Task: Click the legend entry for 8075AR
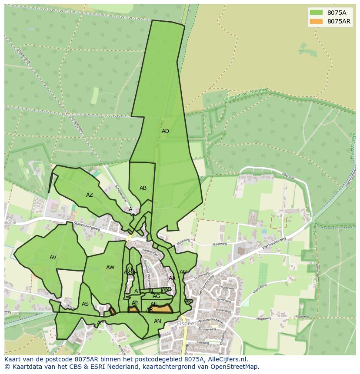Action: pyautogui.click(x=339, y=21)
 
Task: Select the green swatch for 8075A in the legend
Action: pyautogui.click(x=316, y=13)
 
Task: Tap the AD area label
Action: pyautogui.click(x=165, y=131)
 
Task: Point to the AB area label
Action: pyautogui.click(x=143, y=188)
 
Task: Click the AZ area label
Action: pyautogui.click(x=90, y=195)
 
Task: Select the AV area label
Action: pyautogui.click(x=53, y=258)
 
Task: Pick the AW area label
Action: pyautogui.click(x=110, y=268)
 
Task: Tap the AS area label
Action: pyautogui.click(x=85, y=304)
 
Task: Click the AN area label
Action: pyautogui.click(x=157, y=321)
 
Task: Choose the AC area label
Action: pyautogui.click(x=183, y=272)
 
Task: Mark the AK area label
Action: pyautogui.click(x=188, y=301)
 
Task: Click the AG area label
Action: pyautogui.click(x=156, y=296)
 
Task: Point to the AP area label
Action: pyautogui.click(x=100, y=323)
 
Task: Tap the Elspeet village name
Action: pyautogui.click(x=187, y=324)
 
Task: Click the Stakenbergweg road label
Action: pyautogui.click(x=87, y=226)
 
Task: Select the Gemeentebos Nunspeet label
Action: pyautogui.click(x=246, y=96)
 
